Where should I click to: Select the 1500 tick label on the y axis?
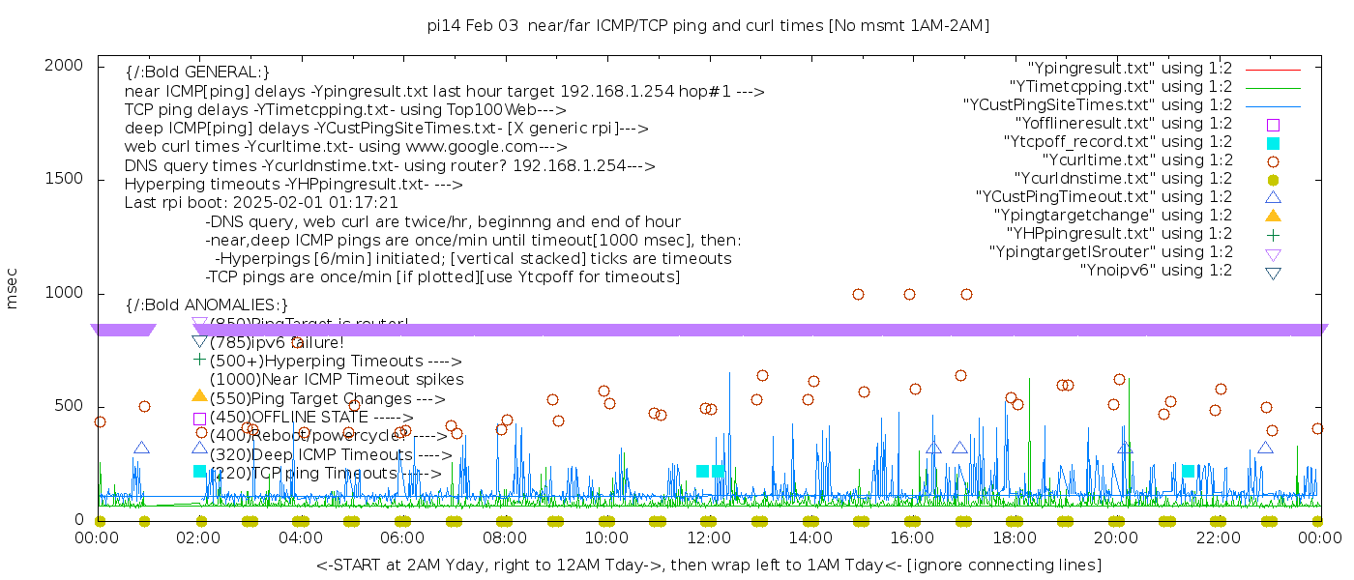[63, 179]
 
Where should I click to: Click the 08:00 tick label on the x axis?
[504, 537]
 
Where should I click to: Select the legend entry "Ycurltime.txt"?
[1136, 160]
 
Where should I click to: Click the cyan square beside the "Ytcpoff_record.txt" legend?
[1273, 142]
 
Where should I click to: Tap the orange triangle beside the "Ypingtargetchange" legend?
[1273, 216]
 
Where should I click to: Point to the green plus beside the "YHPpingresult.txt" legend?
[1273, 234]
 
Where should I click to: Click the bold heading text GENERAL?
[197, 72]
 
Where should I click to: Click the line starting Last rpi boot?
[261, 203]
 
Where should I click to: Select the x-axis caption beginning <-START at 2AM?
[708, 565]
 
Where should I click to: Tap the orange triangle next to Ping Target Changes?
[200, 395]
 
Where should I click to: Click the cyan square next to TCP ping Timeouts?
[200, 471]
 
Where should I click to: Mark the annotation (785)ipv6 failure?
[277, 343]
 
